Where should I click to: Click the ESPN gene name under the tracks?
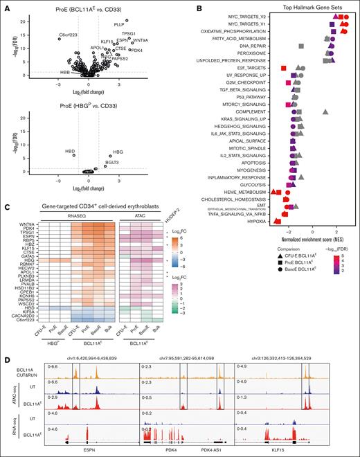point(87,449)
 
